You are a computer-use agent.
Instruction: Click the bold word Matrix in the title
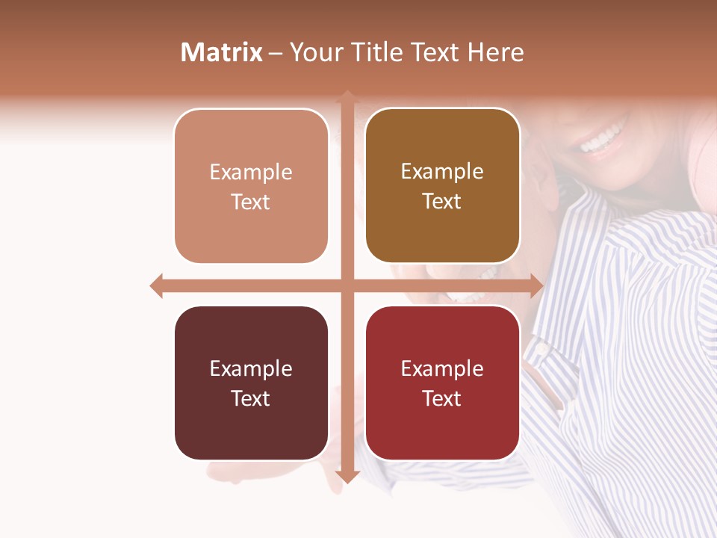[x=222, y=52]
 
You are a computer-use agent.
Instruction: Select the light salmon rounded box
[x=251, y=186]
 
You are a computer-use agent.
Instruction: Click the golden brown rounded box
[x=442, y=186]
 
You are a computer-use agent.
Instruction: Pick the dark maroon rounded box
[x=251, y=383]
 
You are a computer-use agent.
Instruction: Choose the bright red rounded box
[x=442, y=383]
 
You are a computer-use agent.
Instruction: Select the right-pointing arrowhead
[x=536, y=285]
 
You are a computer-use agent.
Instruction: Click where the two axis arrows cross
[x=347, y=285]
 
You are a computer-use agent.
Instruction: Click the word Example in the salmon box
[x=251, y=173]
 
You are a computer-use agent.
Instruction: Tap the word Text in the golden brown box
[x=442, y=202]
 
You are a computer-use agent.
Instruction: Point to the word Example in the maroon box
[x=251, y=369]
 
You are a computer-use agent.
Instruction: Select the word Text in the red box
[x=442, y=398]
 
